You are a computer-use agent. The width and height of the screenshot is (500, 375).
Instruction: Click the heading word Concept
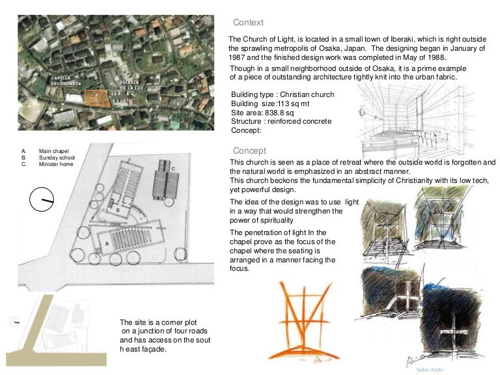point(249,150)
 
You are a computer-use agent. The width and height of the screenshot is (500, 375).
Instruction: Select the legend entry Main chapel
point(53,150)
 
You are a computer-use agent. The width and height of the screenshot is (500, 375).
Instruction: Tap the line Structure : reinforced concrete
point(281,121)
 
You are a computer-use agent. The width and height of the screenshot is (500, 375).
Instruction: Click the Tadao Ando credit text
point(425,366)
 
